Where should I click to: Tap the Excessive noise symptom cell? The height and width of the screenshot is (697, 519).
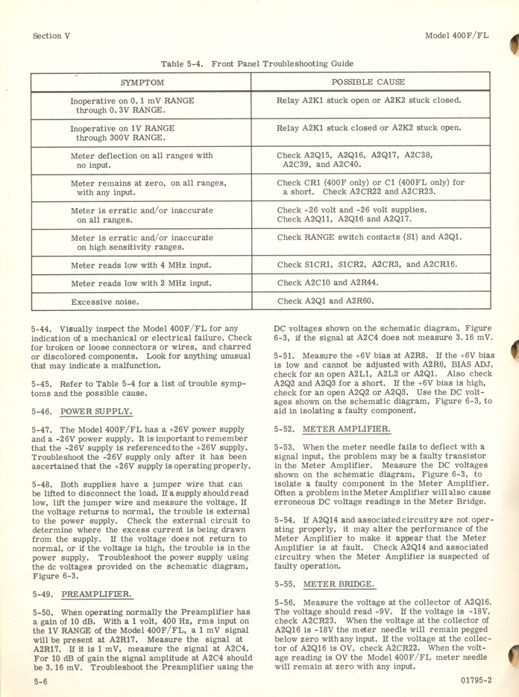[104, 303]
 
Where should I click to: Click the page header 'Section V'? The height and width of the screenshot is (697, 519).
[51, 35]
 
